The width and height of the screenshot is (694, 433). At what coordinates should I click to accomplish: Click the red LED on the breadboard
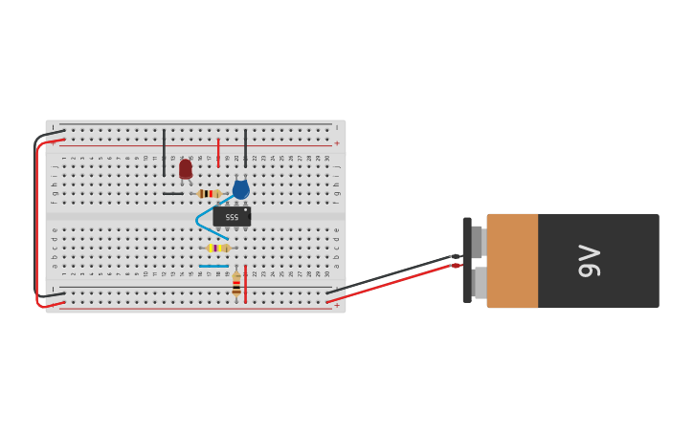185,169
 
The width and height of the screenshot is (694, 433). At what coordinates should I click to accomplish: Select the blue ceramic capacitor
240,189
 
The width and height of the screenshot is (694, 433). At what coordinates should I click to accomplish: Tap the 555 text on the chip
232,218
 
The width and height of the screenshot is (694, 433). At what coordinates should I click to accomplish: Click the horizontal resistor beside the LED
207,194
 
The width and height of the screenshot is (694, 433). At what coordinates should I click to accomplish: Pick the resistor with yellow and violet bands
217,248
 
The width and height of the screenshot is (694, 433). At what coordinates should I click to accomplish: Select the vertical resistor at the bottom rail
236,285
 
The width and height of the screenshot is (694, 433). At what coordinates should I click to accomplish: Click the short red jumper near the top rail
218,152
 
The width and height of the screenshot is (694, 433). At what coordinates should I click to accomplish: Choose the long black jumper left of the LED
164,152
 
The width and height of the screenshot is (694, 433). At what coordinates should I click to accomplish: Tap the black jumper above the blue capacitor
245,148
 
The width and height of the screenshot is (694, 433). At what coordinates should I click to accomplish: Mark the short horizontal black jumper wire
172,194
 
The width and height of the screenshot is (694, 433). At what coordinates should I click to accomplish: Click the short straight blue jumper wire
213,266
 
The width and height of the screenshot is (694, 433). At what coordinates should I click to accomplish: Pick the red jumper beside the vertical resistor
245,284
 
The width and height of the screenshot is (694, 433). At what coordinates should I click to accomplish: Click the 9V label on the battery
590,261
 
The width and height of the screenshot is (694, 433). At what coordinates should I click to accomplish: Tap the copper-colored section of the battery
512,260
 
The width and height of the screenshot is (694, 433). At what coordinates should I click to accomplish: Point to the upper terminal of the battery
478,242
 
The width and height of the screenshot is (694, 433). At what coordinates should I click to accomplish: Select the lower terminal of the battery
480,283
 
